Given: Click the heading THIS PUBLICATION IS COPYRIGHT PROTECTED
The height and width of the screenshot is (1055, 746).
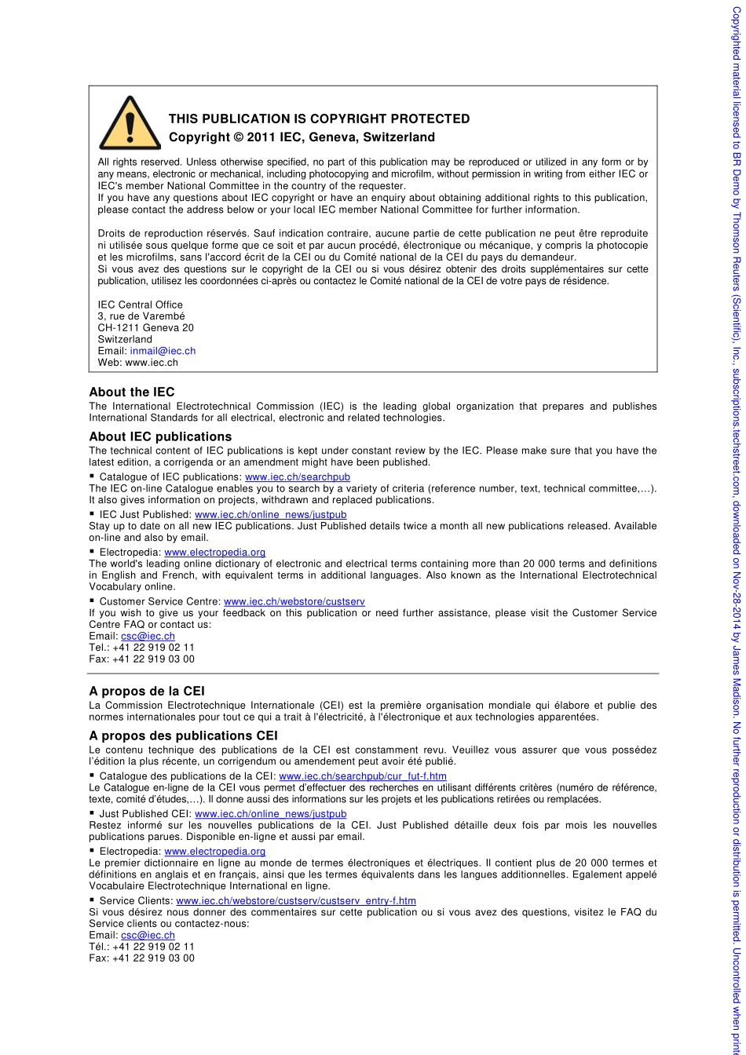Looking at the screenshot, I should point(319,119).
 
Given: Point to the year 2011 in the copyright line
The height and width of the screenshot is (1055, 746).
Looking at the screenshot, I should point(261,137).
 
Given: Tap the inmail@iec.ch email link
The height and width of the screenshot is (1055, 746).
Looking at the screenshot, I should point(163,351).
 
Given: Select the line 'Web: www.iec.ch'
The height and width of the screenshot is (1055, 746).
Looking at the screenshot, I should point(137,363).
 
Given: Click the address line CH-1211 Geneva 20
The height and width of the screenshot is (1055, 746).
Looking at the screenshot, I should point(145,327).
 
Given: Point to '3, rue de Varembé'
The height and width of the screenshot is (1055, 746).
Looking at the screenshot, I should point(141,316).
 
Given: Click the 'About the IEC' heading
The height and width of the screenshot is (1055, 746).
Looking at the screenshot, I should point(131,392).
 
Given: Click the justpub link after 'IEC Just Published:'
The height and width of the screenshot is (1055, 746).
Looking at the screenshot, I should point(270,515).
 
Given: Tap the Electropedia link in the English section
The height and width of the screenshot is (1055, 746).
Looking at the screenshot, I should point(214,553).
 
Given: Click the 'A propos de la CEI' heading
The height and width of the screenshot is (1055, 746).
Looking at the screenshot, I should point(147,691).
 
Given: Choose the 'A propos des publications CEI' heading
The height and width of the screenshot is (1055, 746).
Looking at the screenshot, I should point(183,736).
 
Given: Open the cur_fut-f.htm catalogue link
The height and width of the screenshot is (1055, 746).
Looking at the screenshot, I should point(362,776).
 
